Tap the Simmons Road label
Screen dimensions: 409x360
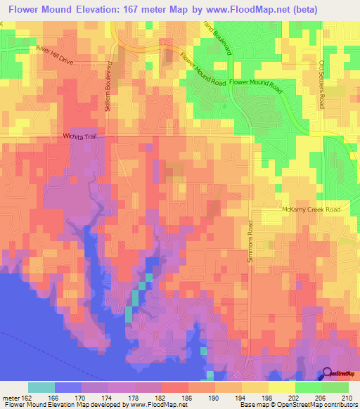250,242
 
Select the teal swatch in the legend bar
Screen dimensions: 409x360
41,387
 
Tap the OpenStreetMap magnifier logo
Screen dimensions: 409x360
326,375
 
